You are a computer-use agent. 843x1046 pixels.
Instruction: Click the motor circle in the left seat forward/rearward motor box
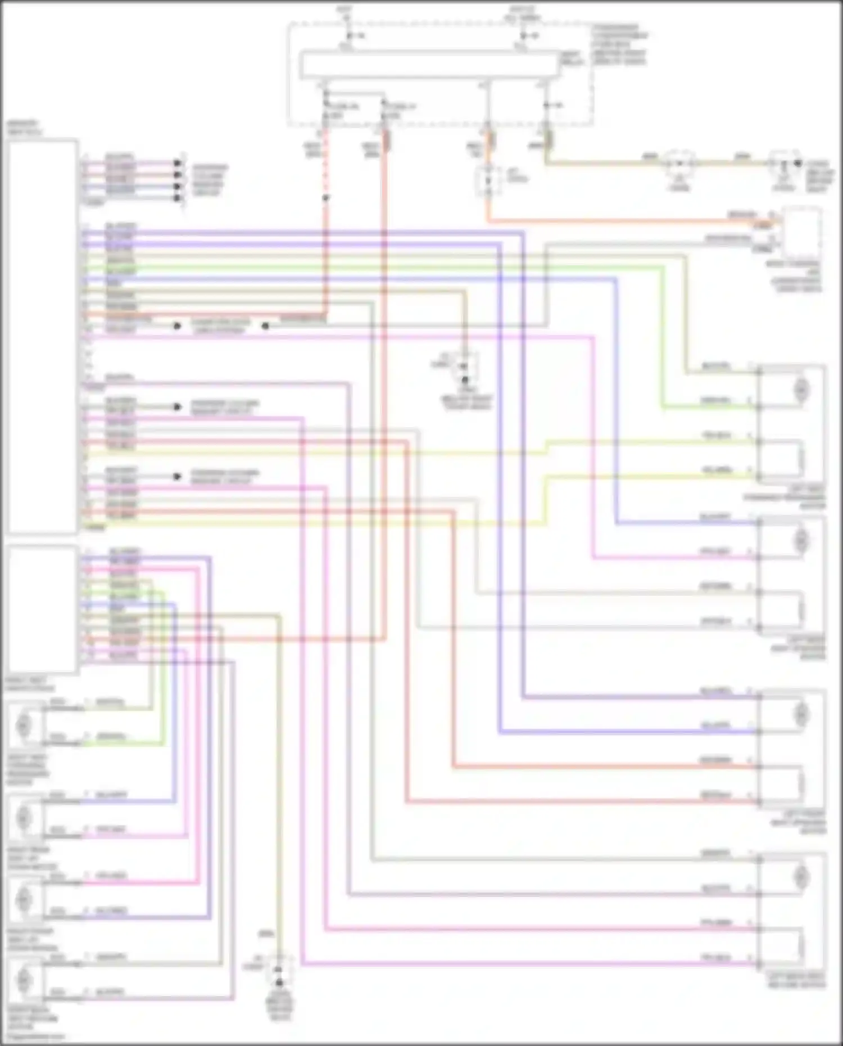click(801, 389)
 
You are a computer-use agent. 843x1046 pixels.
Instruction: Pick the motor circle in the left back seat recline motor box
click(801, 877)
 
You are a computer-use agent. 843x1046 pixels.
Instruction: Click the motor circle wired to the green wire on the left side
click(24, 725)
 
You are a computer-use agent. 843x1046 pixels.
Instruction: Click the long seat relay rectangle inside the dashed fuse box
click(430, 65)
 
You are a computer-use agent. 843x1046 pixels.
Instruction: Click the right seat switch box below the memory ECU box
click(42, 609)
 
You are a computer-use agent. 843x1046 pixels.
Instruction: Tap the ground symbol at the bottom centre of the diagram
click(279, 982)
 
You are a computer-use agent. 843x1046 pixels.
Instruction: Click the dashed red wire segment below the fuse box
click(325, 169)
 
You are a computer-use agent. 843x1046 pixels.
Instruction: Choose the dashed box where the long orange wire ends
click(802, 234)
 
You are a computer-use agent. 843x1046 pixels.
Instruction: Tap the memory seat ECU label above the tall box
click(24, 128)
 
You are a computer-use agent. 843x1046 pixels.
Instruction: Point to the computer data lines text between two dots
click(220, 326)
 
